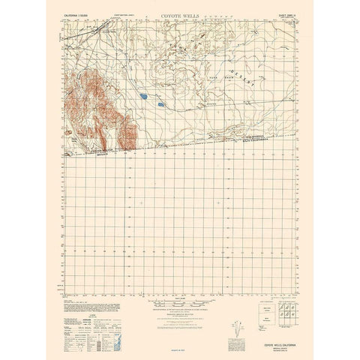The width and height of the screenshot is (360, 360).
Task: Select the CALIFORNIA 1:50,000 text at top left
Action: [x=85, y=16]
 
